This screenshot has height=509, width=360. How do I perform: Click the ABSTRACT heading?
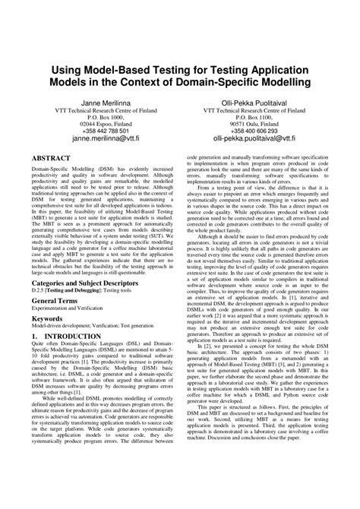point(53,157)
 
